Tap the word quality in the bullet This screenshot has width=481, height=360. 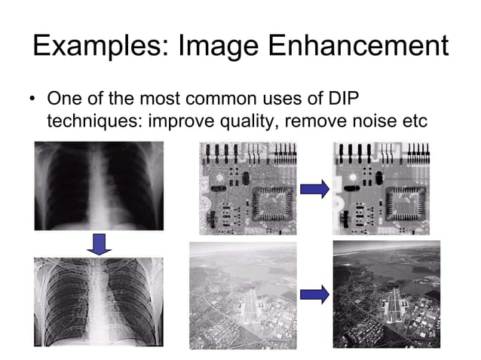237,120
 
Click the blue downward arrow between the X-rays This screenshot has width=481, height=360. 98,243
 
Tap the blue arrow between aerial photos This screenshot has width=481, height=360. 314,294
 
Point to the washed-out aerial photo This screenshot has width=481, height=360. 241,295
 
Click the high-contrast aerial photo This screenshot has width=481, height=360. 386,294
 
